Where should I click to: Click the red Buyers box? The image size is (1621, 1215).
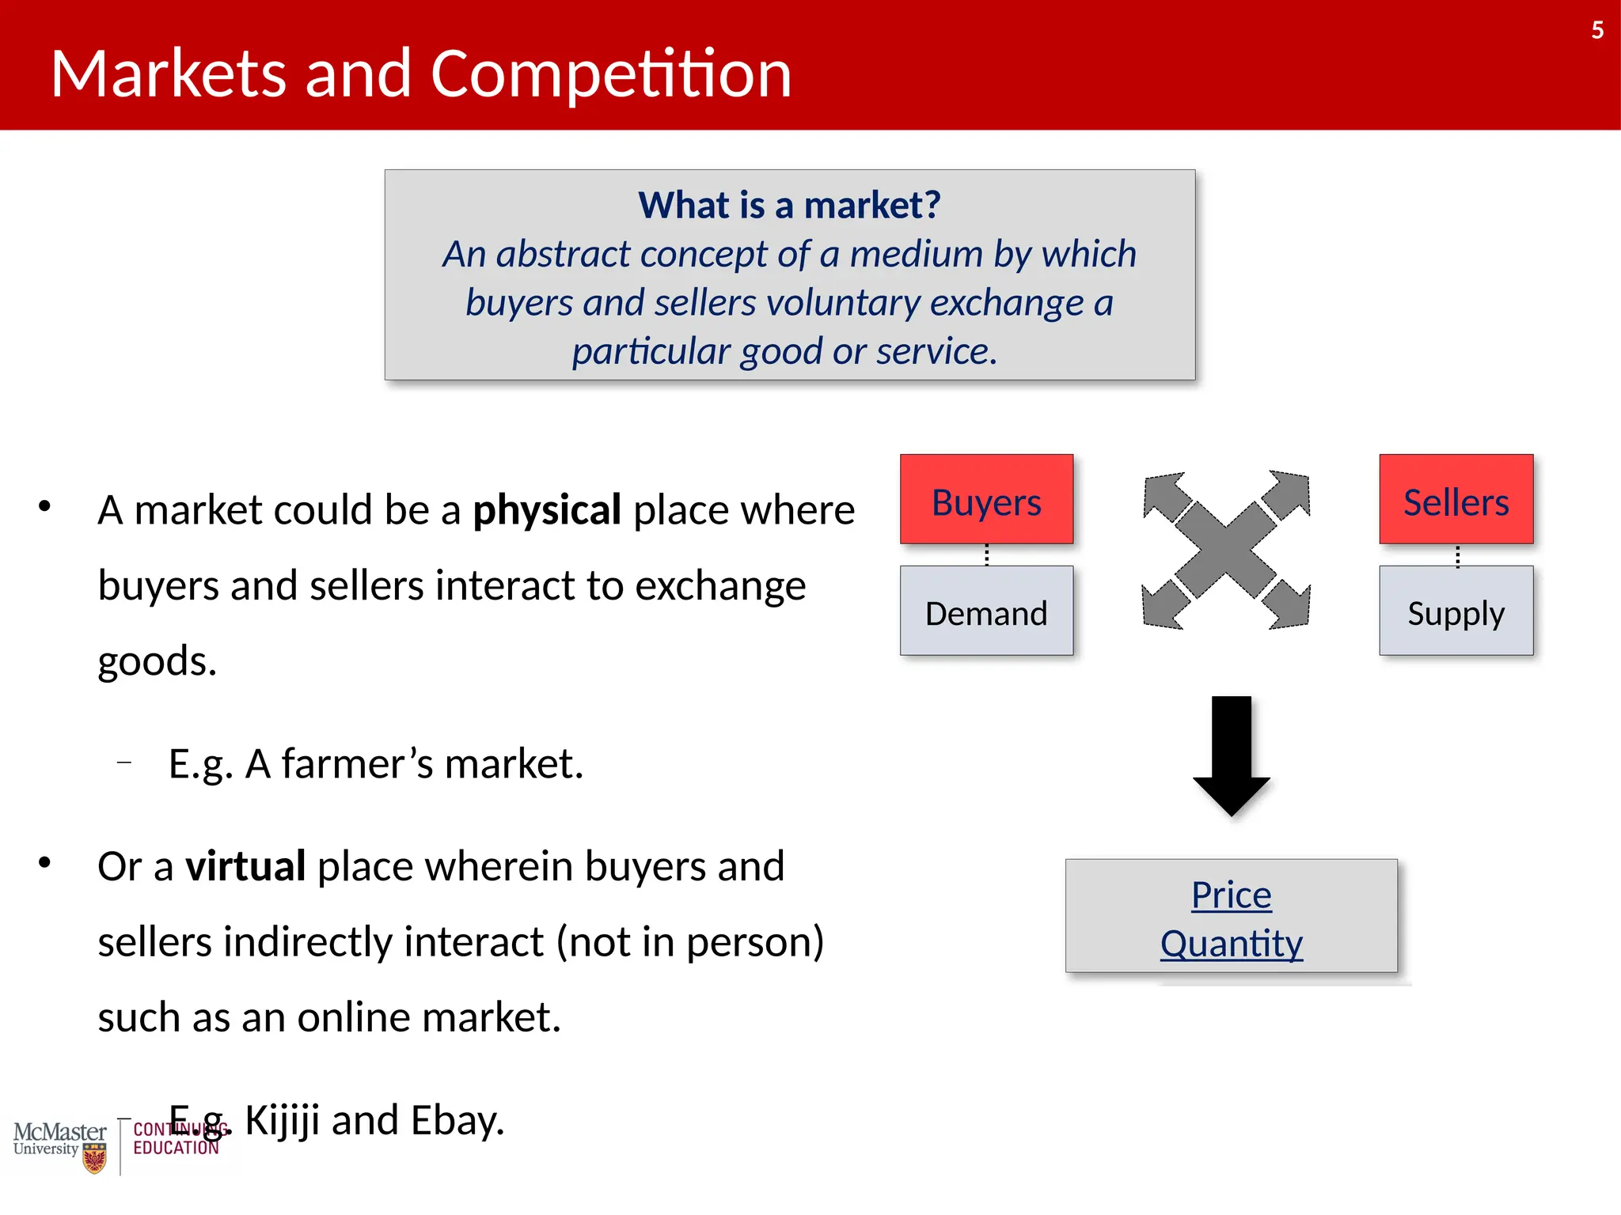click(986, 499)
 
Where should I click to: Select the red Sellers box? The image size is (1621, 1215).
click(1456, 499)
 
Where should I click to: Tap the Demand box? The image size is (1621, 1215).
click(986, 611)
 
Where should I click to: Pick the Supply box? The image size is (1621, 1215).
click(1456, 611)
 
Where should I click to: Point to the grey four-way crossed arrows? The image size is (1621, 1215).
click(1226, 551)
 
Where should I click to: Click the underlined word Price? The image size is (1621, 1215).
click(1231, 895)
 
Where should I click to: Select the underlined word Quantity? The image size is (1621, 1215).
click(1231, 944)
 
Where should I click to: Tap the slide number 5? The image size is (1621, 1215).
click(1597, 30)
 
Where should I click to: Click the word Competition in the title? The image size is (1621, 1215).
click(610, 74)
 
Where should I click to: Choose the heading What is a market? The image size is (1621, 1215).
click(789, 205)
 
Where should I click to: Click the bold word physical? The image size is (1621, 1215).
click(546, 510)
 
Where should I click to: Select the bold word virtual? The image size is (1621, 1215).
click(245, 866)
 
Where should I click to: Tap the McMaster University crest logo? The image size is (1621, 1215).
click(94, 1157)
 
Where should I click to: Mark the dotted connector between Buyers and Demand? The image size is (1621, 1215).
click(986, 555)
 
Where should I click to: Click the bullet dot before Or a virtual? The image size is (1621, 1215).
click(44, 862)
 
